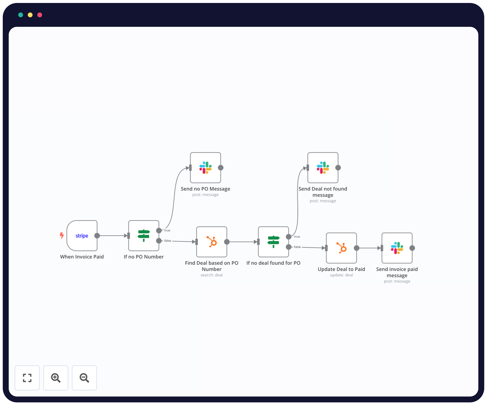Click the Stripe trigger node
[x=82, y=236]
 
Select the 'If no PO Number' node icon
[x=144, y=236]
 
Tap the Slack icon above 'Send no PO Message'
[x=205, y=168]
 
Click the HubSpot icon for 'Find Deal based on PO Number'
[x=212, y=242]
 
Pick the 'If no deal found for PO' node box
[x=273, y=242]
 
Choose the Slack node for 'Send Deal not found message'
[x=323, y=168]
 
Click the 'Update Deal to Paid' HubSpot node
[x=341, y=248]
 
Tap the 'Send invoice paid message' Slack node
[x=397, y=248]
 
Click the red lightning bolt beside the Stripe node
[x=62, y=235]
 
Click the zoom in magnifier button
[x=56, y=378]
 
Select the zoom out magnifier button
[x=84, y=378]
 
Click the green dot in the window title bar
[x=21, y=15]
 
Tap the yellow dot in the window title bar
[x=30, y=15]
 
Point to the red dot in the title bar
[x=40, y=15]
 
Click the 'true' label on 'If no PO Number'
[x=167, y=231]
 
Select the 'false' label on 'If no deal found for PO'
[x=297, y=247]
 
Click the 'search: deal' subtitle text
[x=212, y=275]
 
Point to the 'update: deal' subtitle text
[x=341, y=275]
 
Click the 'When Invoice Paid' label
[x=82, y=257]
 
